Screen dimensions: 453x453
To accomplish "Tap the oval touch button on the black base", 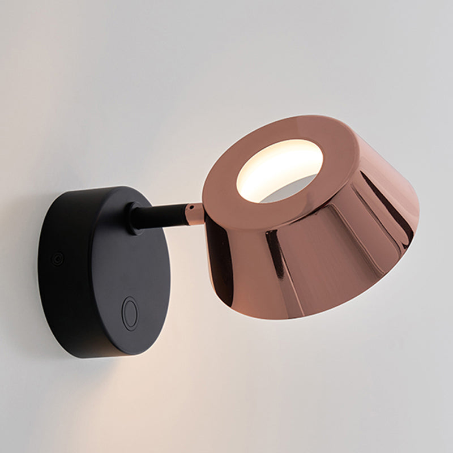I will pos(130,313).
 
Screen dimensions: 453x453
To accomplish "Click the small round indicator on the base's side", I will pos(57,259).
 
